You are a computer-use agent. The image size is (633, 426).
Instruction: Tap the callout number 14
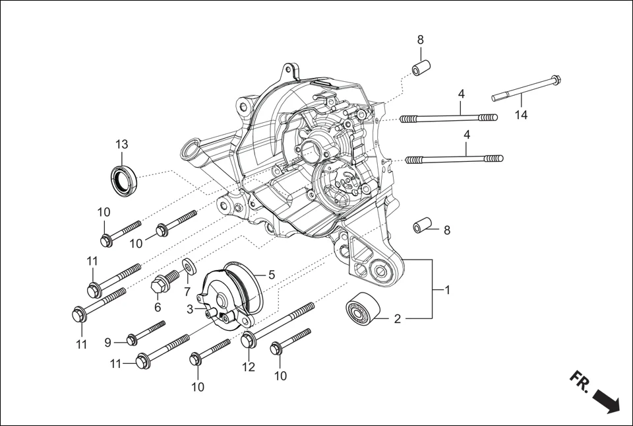521,116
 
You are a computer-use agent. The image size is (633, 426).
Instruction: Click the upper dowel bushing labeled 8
421,68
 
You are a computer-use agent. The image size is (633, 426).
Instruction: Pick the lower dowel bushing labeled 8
423,226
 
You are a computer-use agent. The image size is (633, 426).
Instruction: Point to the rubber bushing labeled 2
360,308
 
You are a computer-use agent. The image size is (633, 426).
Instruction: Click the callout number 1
448,289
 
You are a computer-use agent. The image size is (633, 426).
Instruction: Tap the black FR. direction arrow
606,400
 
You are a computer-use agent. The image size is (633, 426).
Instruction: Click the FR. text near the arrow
580,382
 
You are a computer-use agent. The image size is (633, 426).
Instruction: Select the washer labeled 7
188,266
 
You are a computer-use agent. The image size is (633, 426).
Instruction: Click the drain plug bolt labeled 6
162,285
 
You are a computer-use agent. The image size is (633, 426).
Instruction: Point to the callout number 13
121,144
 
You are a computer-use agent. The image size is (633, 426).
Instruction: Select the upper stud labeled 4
448,118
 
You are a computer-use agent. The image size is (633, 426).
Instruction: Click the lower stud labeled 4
455,159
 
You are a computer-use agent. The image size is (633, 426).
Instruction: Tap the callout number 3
190,308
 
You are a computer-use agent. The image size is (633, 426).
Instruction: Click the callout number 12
248,367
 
